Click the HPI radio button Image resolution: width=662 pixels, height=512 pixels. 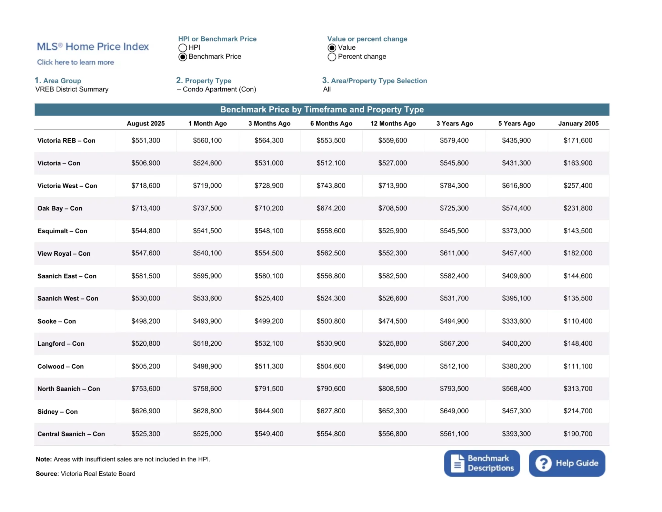tap(183, 48)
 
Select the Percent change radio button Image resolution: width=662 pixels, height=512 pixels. tap(332, 57)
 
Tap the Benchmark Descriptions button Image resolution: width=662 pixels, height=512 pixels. tap(482, 463)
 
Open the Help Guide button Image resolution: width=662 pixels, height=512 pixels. tap(567, 463)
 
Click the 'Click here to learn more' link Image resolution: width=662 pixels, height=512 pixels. tap(76, 62)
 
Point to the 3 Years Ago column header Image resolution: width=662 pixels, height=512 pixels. tap(454, 124)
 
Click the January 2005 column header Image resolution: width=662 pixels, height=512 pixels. tap(578, 124)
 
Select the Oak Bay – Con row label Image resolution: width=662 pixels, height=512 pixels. tap(60, 208)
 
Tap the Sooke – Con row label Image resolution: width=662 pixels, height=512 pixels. tap(57, 321)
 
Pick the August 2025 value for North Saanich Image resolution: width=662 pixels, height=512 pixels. tap(146, 389)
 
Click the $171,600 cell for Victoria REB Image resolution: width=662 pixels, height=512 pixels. tap(578, 140)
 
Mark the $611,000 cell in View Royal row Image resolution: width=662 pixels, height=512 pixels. tap(454, 253)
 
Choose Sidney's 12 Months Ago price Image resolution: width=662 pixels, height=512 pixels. tap(392, 411)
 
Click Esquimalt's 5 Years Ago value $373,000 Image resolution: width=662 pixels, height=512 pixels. tap(516, 231)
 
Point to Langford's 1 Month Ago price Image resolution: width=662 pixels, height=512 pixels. tap(207, 344)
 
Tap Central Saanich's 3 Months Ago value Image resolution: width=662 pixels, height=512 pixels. tap(269, 434)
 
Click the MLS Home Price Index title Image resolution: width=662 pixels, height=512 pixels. tap(93, 47)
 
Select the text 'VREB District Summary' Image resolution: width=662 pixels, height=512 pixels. tap(72, 89)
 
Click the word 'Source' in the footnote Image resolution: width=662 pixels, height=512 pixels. tap(46, 474)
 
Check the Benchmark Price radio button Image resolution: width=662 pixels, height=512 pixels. tap(183, 57)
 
